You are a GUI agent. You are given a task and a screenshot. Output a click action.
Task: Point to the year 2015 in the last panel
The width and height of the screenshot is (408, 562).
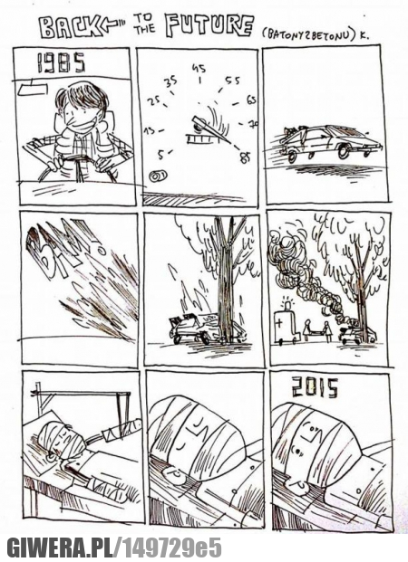316,388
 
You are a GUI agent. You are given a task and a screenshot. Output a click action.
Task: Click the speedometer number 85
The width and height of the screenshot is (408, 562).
246,157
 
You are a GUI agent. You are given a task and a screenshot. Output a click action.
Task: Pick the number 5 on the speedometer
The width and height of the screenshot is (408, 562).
161,155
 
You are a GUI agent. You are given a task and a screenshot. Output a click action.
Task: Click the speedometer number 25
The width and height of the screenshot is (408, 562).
154,101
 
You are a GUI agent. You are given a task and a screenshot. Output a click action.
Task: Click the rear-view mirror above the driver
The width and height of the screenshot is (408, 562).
33,88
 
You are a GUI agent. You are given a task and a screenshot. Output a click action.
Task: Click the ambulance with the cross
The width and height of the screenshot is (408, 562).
286,326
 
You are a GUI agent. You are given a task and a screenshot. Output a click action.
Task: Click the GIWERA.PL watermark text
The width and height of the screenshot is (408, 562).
61,548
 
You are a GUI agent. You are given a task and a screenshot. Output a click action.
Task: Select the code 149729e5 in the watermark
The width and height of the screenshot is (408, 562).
172,548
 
